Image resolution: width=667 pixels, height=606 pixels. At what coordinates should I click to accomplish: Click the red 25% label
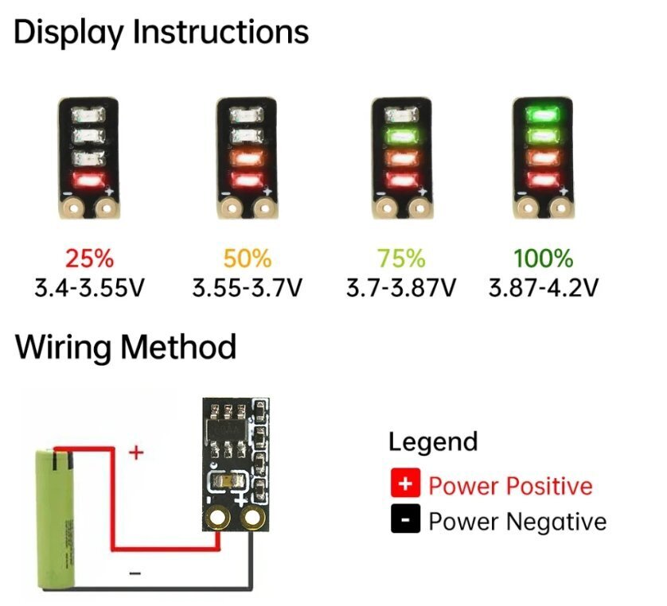tap(89, 258)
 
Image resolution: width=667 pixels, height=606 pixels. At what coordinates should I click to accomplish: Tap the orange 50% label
tap(247, 258)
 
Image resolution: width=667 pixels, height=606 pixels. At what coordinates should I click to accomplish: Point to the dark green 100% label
tap(543, 258)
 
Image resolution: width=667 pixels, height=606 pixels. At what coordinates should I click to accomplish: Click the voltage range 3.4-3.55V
tap(89, 286)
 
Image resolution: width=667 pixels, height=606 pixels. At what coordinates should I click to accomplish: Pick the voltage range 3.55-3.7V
tap(247, 286)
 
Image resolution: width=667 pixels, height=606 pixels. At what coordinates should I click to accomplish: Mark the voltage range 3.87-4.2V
tap(543, 286)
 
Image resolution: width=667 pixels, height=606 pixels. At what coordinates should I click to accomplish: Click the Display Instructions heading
tap(161, 33)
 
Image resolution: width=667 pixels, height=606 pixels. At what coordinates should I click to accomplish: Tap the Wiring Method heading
tap(125, 348)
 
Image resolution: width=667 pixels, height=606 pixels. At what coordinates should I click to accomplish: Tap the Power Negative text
tap(517, 522)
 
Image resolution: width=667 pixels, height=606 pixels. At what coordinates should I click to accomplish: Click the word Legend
tap(433, 441)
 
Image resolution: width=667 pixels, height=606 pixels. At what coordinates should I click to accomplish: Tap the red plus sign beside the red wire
tap(136, 453)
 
